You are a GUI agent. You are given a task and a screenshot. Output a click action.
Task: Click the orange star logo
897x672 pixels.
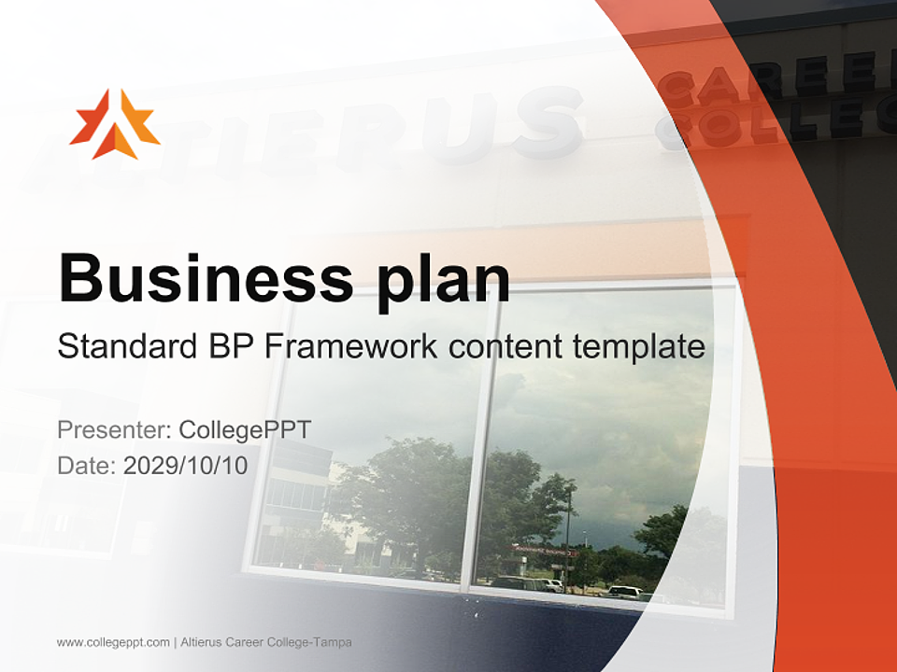click(x=115, y=123)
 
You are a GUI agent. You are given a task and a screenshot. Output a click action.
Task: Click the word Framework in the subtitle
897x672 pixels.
click(x=351, y=346)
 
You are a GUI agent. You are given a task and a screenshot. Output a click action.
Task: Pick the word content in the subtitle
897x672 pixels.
click(x=505, y=346)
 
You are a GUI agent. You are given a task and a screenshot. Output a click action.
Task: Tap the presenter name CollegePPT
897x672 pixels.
click(x=245, y=430)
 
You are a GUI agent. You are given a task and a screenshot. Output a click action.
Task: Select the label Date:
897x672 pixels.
click(x=87, y=465)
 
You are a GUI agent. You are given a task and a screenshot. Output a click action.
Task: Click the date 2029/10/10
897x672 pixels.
click(x=186, y=465)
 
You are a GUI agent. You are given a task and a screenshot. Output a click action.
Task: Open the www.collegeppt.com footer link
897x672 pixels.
click(x=113, y=642)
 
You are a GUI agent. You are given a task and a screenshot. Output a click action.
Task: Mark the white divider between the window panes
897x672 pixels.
click(x=481, y=439)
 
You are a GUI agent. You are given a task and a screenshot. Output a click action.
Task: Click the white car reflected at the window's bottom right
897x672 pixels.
click(x=624, y=591)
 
